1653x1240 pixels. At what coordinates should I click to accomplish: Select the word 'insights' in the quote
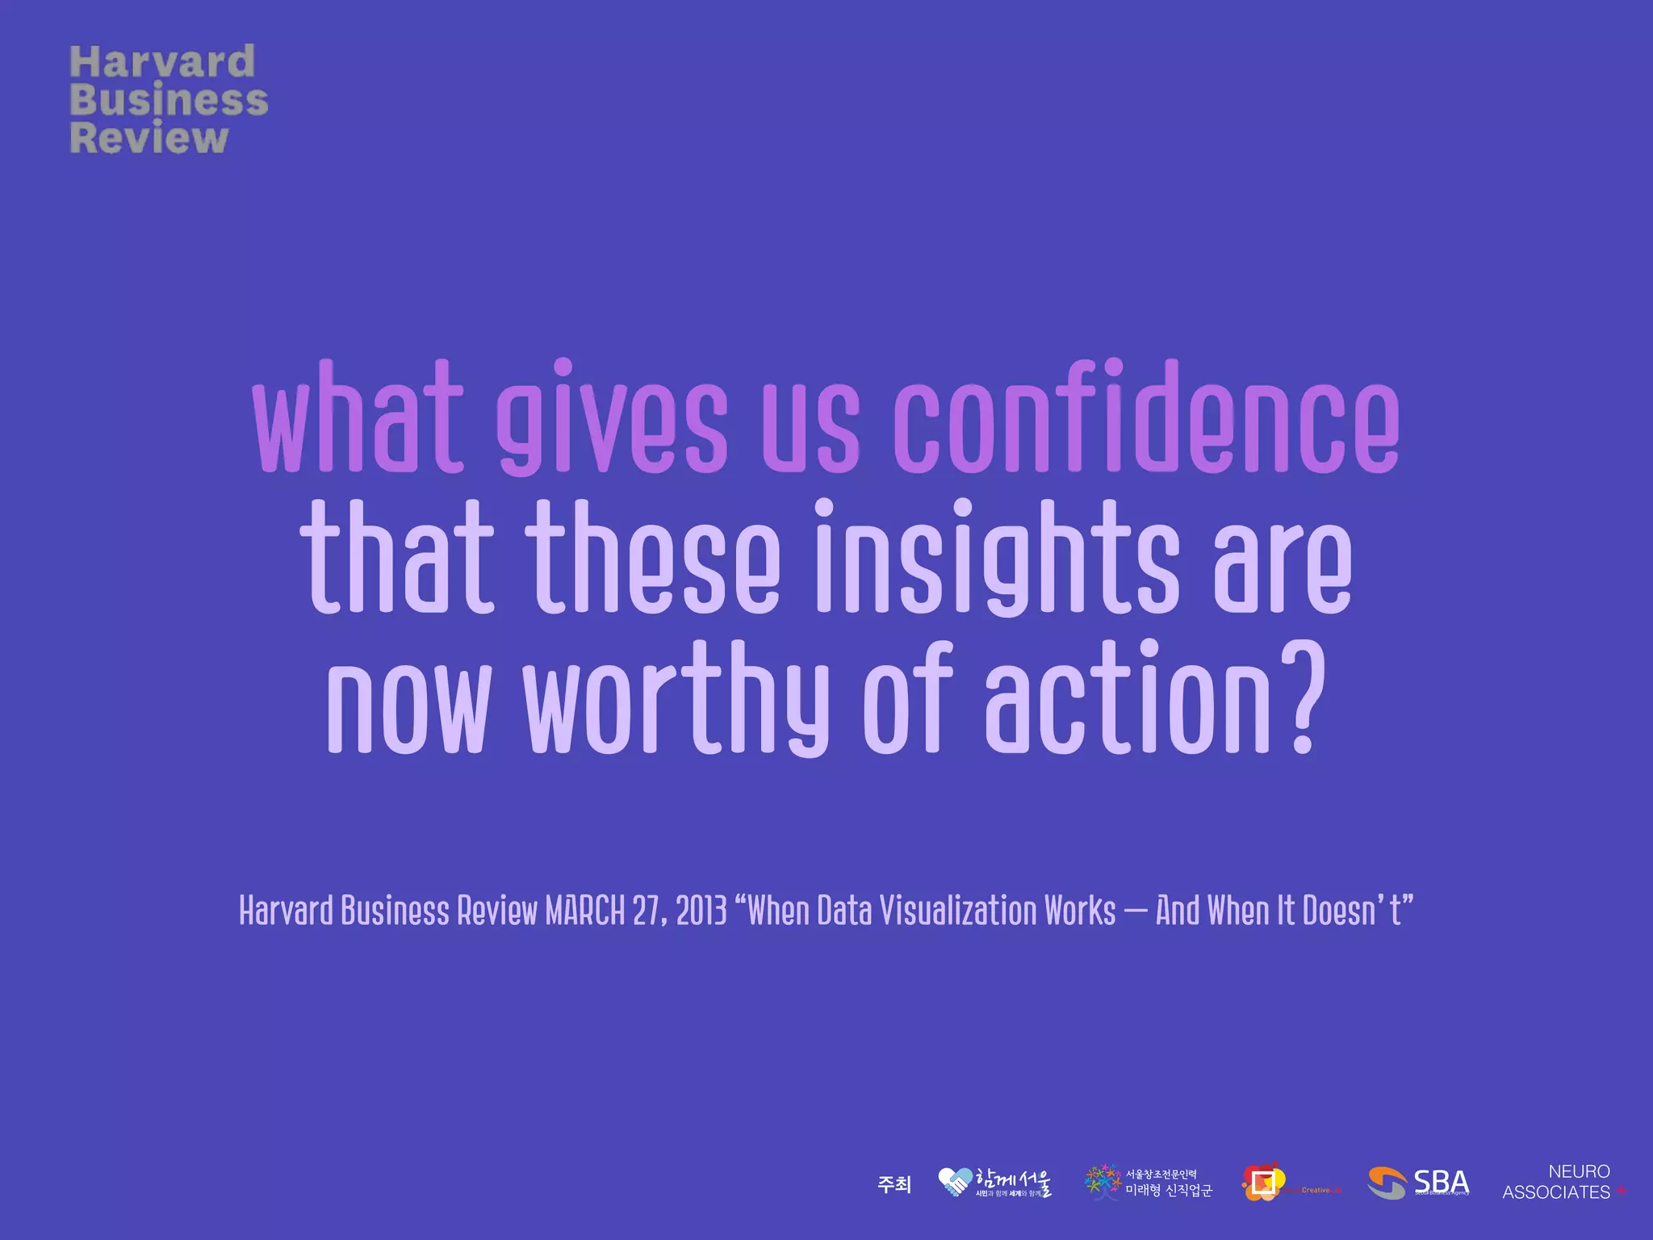996,560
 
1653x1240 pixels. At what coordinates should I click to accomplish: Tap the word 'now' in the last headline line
408,699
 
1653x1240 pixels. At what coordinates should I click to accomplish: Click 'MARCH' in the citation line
584,911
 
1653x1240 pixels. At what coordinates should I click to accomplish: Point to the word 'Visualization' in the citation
956,911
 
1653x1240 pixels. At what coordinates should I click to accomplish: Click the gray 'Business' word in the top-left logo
169,100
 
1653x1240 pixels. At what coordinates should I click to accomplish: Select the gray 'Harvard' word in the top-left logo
162,62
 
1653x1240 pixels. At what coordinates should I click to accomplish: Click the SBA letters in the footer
1441,1182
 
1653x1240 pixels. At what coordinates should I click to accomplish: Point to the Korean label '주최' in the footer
893,1184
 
